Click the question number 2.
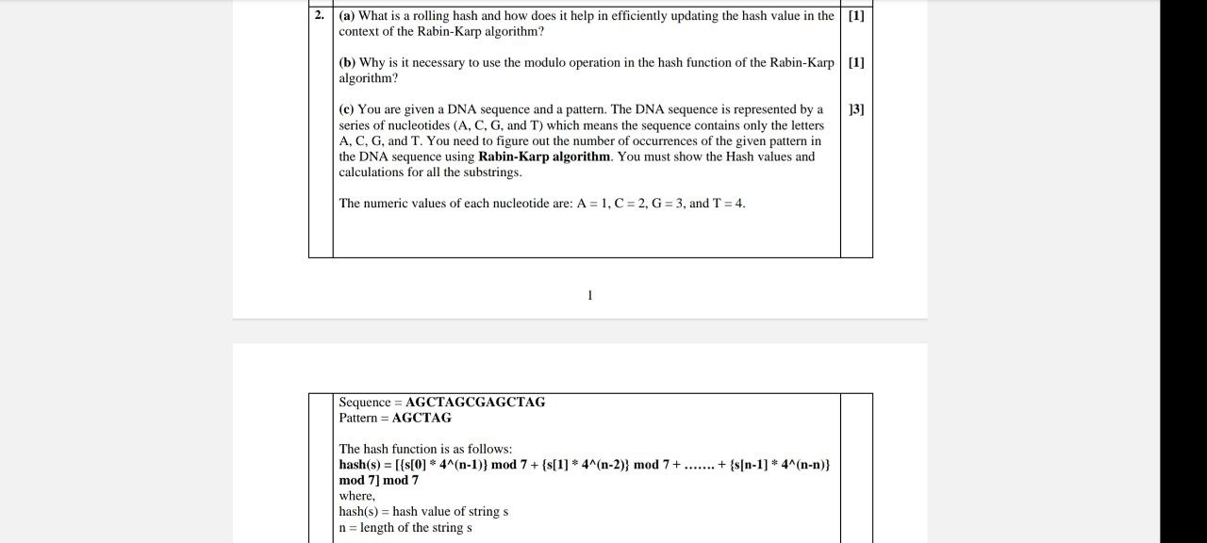(320, 15)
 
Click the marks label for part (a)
(856, 15)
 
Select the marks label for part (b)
(856, 62)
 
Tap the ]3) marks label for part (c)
(856, 109)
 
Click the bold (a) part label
(347, 15)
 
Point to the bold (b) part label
(348, 62)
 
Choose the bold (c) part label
(347, 109)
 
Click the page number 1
(590, 295)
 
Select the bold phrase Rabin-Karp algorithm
(544, 156)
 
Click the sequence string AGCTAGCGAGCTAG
(475, 402)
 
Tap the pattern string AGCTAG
(422, 418)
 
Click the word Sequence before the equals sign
(365, 402)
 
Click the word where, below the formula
(357, 496)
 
